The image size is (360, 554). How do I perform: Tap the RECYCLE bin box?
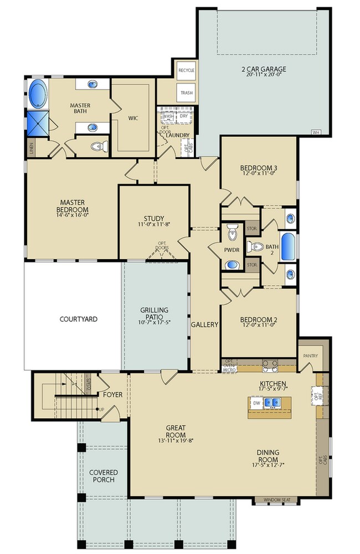pos(186,71)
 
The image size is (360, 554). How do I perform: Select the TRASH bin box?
pos(186,93)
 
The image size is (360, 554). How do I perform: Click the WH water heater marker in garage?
pos(316,132)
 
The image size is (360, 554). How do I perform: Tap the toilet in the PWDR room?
pos(232,232)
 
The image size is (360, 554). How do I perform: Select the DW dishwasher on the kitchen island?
pos(257,403)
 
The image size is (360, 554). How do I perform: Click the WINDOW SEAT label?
pos(275,500)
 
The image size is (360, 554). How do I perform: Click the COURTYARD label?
pos(79,319)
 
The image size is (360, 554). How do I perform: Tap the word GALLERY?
pos(204,325)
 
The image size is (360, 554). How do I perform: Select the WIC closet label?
pos(133,118)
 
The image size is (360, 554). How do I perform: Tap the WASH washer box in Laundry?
pos(168,116)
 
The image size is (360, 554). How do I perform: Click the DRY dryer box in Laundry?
pos(184,116)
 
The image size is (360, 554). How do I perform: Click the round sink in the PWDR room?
pos(232,264)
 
